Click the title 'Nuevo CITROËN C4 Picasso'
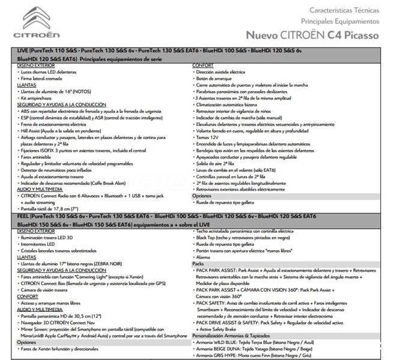pyautogui.click(x=312, y=35)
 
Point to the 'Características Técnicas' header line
pyautogui.click(x=344, y=10)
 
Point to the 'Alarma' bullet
pyautogui.click(x=205, y=257)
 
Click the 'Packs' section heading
pyautogui.click(x=199, y=263)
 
